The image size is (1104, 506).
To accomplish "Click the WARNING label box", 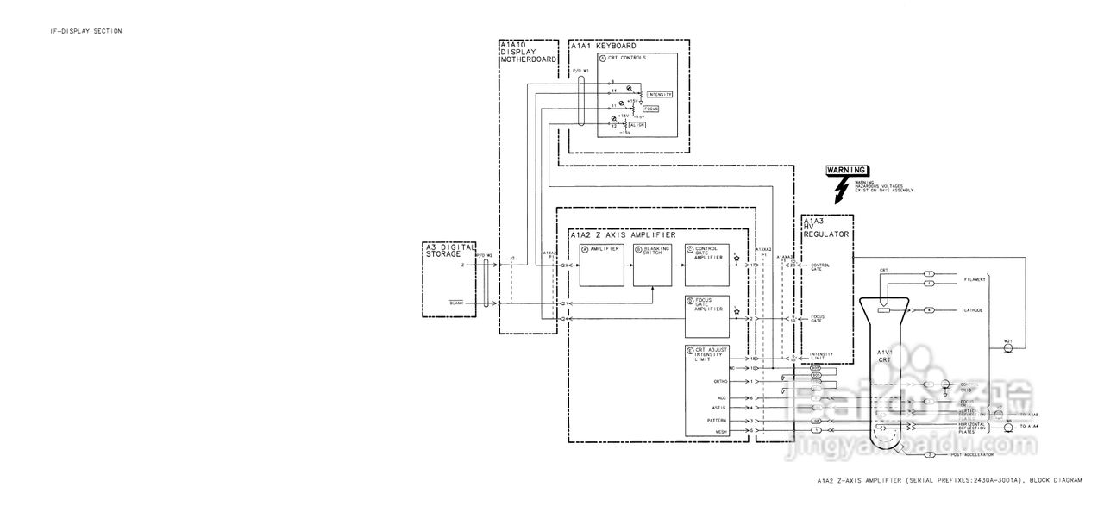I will pyautogui.click(x=846, y=170).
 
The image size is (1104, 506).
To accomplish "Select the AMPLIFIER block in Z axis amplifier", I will pyautogui.click(x=600, y=265).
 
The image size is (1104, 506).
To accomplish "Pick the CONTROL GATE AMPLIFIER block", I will pyautogui.click(x=706, y=265).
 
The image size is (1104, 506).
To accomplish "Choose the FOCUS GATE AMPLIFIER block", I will pyautogui.click(x=706, y=316).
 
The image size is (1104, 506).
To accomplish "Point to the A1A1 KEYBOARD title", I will pyautogui.click(x=605, y=45).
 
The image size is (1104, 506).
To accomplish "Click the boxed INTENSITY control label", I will pyautogui.click(x=659, y=94).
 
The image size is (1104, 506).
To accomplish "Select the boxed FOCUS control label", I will pyautogui.click(x=651, y=109).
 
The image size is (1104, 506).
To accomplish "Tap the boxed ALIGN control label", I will pyautogui.click(x=637, y=125).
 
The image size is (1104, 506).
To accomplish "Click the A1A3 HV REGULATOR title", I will pyautogui.click(x=825, y=228).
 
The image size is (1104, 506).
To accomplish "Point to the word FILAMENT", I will pyautogui.click(x=975, y=278).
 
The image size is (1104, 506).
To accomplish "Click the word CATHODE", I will pyautogui.click(x=974, y=309).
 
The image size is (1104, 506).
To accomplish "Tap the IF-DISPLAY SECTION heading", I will pyautogui.click(x=85, y=31).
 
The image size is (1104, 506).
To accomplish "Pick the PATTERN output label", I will pyautogui.click(x=718, y=420).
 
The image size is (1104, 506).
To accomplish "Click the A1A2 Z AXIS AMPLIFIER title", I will pyautogui.click(x=623, y=234).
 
